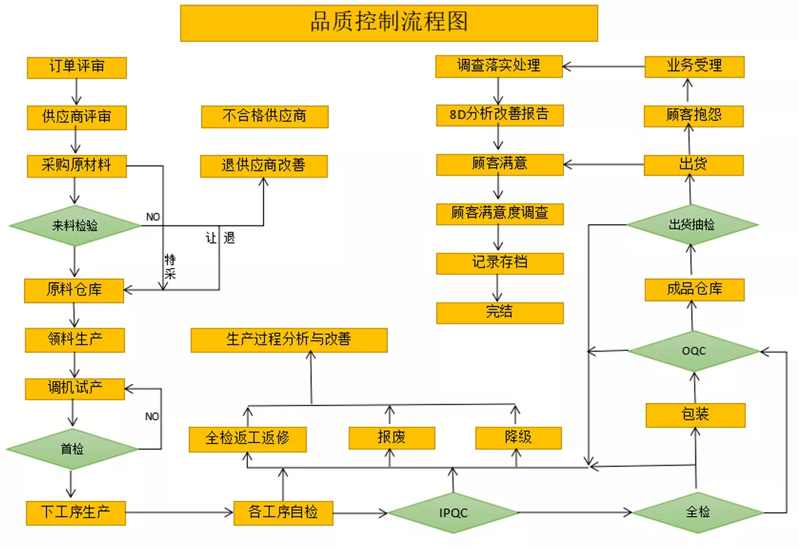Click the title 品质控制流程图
coord(389,23)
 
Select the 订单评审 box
coord(76,68)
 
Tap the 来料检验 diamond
coord(75,226)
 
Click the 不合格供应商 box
coord(264,117)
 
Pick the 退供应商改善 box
coord(264,166)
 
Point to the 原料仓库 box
coord(74,291)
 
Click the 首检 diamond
coord(72,449)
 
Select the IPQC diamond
coord(453,513)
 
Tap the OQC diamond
coord(693,350)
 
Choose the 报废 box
coord(391,437)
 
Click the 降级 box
coord(518,437)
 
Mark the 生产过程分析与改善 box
coord(289,340)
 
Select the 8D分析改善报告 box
coord(500,115)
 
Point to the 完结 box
coord(500,313)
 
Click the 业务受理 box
coord(694,66)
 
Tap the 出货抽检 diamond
coord(692,224)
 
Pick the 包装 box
coord(695,415)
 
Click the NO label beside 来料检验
coord(153,217)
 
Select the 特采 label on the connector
coord(170,267)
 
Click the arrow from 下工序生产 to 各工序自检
coord(179,513)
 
